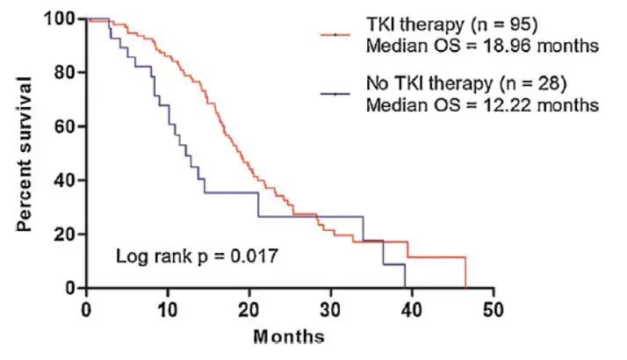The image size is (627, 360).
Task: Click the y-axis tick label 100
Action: (59, 19)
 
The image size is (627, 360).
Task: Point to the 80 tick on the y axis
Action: (64, 73)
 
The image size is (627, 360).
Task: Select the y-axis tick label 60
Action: (64, 126)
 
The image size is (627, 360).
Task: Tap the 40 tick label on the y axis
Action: (64, 181)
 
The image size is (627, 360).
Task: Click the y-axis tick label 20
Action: (64, 234)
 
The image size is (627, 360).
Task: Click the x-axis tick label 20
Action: (249, 309)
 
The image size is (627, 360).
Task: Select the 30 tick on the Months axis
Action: (331, 309)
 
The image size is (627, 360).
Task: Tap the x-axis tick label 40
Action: (413, 309)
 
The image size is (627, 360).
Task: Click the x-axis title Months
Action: (289, 336)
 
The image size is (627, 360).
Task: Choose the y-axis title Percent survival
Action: (26, 154)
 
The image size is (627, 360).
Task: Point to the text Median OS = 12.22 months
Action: (481, 104)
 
